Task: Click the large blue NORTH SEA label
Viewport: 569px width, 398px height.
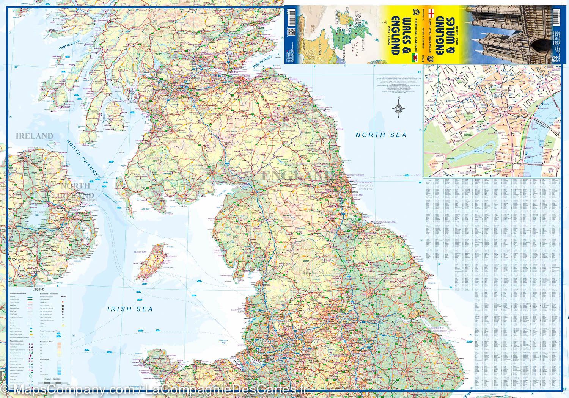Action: click(380, 135)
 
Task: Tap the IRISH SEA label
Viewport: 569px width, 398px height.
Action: click(130, 309)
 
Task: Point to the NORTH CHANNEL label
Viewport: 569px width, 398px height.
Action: click(83, 159)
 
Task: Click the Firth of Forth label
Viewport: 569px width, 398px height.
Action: click(264, 60)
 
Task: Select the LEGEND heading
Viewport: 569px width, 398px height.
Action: click(38, 290)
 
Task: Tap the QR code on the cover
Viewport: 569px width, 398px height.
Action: click(291, 31)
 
